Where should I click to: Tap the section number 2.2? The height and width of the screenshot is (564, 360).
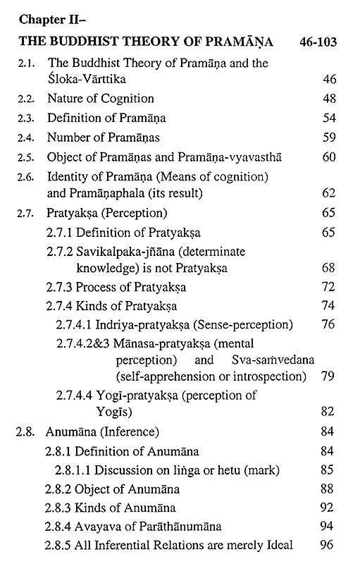(25, 99)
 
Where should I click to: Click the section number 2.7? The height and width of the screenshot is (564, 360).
(25, 211)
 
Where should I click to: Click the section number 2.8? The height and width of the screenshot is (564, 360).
(25, 431)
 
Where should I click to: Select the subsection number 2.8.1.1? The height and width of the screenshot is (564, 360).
(75, 469)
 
